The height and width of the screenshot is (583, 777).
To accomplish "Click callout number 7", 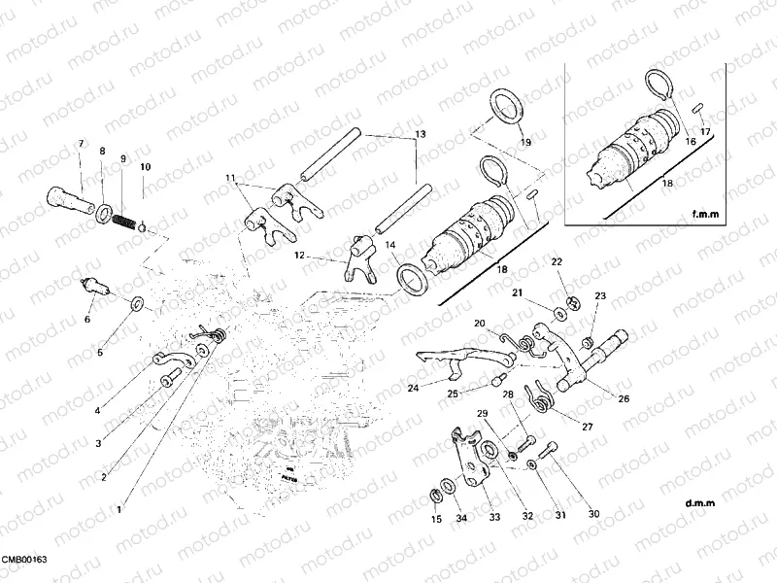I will tap(82, 144).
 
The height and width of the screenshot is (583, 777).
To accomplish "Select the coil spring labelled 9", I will tap(122, 220).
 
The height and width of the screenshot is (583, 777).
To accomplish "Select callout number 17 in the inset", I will tap(705, 131).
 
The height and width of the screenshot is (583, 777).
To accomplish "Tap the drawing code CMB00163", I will tap(23, 561).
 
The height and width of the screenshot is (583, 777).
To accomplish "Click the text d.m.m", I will tap(698, 502).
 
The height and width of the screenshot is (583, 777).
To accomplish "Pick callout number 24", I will tap(413, 388).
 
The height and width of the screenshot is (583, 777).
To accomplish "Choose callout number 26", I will tap(623, 397).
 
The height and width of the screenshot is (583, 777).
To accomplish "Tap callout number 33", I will tap(493, 518).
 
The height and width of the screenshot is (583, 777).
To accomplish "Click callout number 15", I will tap(436, 520).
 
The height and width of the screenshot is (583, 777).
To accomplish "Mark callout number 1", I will tap(120, 508).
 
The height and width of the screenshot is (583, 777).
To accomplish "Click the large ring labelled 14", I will tap(415, 279).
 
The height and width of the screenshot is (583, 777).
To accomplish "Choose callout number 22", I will tap(557, 262).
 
